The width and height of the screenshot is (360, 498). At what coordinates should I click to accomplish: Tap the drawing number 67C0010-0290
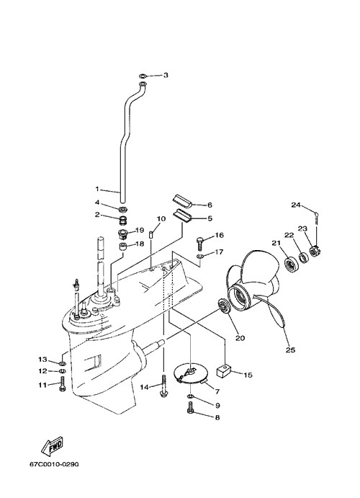tap(54, 464)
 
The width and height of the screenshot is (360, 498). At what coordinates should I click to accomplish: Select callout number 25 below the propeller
tap(291, 350)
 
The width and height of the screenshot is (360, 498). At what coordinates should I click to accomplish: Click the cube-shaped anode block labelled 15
tap(223, 371)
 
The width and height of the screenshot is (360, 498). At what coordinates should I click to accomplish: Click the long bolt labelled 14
tap(163, 386)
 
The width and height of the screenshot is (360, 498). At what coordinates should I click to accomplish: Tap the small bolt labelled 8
tap(190, 408)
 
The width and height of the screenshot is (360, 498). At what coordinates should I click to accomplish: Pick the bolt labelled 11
tap(63, 384)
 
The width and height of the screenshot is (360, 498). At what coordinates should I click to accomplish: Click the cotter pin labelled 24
tap(317, 218)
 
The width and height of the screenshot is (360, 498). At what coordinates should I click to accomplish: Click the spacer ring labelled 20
tap(224, 306)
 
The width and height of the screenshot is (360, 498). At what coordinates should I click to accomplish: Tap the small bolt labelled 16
tap(200, 244)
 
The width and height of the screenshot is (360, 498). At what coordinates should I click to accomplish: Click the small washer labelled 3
tap(143, 76)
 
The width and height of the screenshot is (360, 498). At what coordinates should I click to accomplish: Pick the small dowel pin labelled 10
tap(151, 236)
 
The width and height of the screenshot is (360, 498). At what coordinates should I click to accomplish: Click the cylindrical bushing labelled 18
tap(123, 246)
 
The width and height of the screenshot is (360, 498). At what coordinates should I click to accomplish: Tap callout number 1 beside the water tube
tap(97, 189)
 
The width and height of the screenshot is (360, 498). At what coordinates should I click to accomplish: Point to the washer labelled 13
tap(62, 363)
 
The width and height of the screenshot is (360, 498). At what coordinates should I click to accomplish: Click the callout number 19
tap(140, 230)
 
